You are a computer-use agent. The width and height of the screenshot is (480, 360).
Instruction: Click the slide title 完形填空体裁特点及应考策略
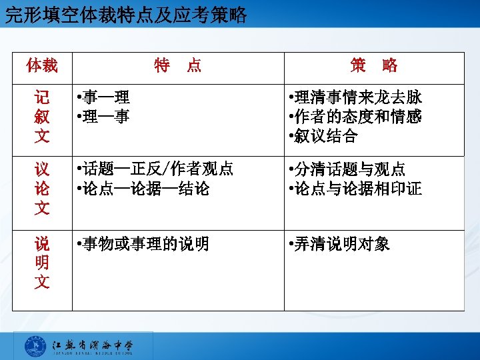pos(126,15)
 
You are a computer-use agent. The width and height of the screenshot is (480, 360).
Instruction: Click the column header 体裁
pos(42,65)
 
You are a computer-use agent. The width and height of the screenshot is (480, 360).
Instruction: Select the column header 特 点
pos(177,65)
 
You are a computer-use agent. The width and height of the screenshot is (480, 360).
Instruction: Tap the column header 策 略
pos(373,65)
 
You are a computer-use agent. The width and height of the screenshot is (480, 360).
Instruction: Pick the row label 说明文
pos(42,263)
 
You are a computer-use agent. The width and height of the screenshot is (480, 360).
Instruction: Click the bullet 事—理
pos(105,98)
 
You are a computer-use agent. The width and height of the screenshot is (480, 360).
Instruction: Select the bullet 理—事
pos(105,117)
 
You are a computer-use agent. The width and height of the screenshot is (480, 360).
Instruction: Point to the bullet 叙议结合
pos(325,137)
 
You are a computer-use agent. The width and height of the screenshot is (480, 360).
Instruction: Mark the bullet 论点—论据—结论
pos(144,189)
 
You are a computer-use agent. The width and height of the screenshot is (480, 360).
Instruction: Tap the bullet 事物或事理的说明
pos(144,244)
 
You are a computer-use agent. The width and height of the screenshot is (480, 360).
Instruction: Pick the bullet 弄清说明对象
pos(339,244)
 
